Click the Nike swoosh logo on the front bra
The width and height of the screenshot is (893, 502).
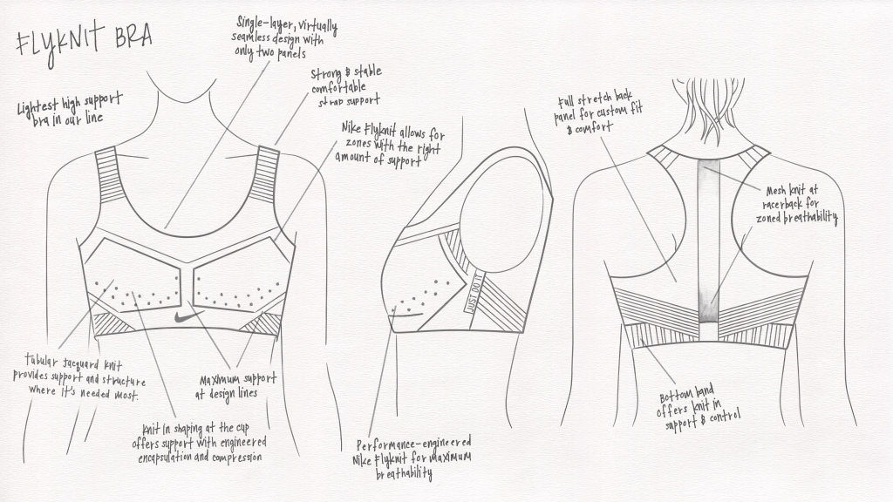point(188,315)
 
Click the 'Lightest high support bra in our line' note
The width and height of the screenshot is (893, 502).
point(70,108)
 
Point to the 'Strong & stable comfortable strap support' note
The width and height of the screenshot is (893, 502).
point(346,87)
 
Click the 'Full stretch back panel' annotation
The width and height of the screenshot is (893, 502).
point(598,112)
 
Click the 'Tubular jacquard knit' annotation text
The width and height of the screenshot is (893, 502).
point(79,377)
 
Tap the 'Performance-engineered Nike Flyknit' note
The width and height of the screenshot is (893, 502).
point(412,458)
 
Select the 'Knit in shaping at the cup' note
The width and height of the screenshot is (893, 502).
point(200,443)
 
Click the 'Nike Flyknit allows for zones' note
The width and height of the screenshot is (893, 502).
point(390,145)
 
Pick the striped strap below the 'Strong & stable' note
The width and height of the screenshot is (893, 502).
point(263,174)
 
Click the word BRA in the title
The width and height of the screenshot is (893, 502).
point(133,37)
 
